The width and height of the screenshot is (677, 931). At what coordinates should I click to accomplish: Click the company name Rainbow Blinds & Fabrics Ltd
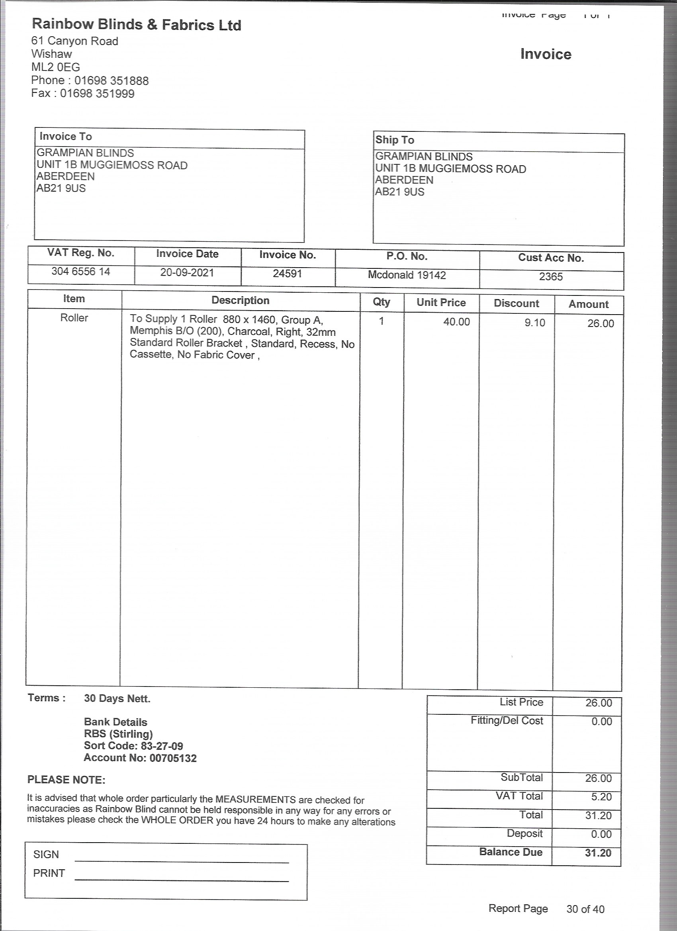pos(136,25)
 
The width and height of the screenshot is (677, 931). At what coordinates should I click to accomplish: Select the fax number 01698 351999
pos(97,94)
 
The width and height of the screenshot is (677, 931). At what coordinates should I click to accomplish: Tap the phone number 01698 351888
pos(111,80)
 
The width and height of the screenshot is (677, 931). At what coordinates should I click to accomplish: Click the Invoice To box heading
pos(66,136)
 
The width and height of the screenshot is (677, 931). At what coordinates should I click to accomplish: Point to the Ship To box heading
pos(395,140)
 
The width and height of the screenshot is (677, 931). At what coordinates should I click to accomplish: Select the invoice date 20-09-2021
pos(187,272)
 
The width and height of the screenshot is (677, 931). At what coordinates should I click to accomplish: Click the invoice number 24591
pos(288,274)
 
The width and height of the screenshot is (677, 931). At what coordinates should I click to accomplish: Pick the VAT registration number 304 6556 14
pos(81,271)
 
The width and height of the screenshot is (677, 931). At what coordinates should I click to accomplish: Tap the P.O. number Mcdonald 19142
pos(407,275)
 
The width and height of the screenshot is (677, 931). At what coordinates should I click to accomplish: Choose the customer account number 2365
pos(551,277)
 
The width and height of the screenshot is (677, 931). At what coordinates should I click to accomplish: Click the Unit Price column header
pos(441,303)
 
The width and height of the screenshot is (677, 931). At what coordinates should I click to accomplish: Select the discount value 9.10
pos(534,323)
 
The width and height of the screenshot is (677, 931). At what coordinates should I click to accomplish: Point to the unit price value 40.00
pos(456,322)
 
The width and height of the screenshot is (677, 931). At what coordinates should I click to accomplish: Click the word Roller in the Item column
pos(74,318)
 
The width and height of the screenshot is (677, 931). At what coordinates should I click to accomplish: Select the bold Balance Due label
pos(511,852)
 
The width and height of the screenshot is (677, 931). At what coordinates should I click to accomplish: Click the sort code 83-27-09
pos(162,746)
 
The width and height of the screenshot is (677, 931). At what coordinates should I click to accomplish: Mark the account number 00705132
pos(173,758)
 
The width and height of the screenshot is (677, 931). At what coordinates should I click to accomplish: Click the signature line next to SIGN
pos(182,862)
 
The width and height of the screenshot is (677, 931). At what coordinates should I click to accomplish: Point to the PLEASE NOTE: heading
pos(67,780)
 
